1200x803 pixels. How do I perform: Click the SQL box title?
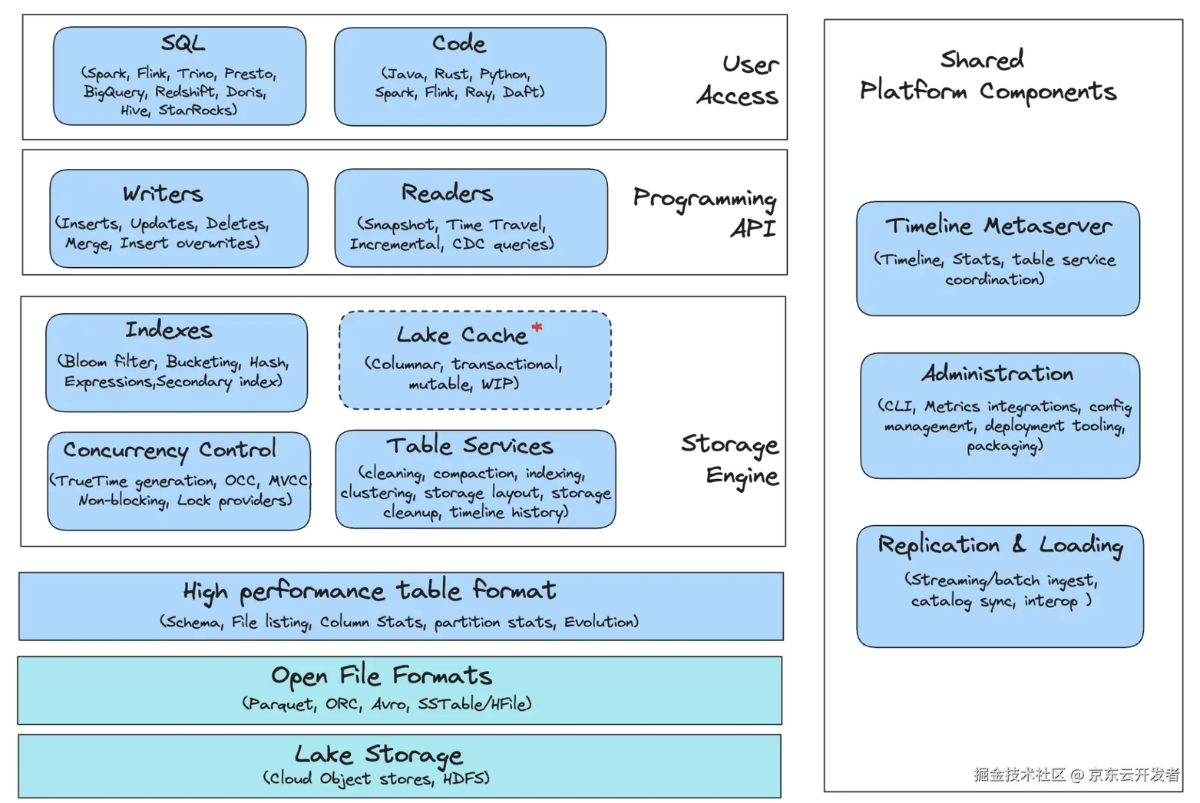coord(183,43)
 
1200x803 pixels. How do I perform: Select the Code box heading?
coord(458,44)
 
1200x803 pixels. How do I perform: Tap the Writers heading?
coord(163,193)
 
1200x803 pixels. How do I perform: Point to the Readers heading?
coord(447,193)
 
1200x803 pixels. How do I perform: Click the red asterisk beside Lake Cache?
coord(537,328)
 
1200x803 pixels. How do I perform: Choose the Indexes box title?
coord(169,330)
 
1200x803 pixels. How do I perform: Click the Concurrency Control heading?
coord(170,450)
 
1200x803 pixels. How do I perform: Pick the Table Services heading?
coord(469,446)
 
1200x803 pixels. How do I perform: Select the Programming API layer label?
coord(706,213)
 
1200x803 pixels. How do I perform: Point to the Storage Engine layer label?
coord(731,459)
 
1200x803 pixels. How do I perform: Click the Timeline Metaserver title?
coord(998,226)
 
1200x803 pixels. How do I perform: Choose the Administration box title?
coord(997,374)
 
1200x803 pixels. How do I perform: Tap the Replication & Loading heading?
coord(1000,545)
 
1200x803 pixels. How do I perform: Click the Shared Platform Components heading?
coord(987,75)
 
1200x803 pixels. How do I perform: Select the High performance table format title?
coord(369,591)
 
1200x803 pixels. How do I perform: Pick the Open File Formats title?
coord(382,676)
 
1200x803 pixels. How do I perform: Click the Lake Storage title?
coord(379,755)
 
